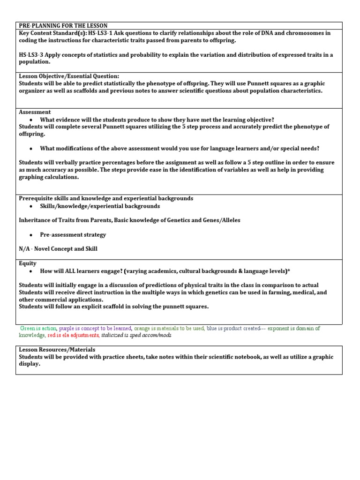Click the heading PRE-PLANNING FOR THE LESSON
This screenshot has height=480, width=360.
(63, 25)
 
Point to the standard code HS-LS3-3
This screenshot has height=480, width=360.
(33, 55)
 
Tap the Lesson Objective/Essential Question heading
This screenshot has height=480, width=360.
(69, 76)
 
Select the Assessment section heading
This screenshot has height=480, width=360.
(35, 112)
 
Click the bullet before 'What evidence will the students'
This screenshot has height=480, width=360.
(30, 120)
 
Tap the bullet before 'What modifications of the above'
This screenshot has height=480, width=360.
(30, 149)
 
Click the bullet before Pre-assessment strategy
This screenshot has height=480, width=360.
(30, 235)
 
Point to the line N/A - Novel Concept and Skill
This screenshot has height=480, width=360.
(58, 249)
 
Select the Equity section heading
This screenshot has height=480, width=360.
(28, 263)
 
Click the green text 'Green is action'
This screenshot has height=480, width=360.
(38, 329)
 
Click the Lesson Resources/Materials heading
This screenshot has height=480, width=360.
(57, 350)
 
